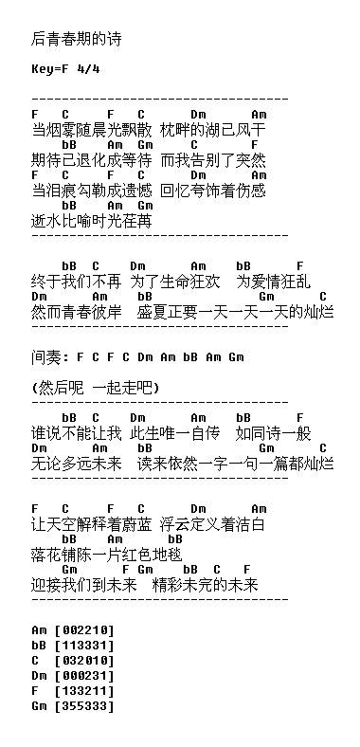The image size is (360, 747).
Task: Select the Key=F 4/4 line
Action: pos(65,69)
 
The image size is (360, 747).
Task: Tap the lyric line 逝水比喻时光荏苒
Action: pos(91,221)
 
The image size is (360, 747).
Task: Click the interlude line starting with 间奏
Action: pos(137,357)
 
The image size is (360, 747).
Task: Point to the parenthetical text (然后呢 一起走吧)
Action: pos(95,388)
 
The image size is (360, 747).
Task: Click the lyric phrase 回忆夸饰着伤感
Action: pos(213,191)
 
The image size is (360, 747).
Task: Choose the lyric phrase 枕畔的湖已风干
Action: pos(213,130)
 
